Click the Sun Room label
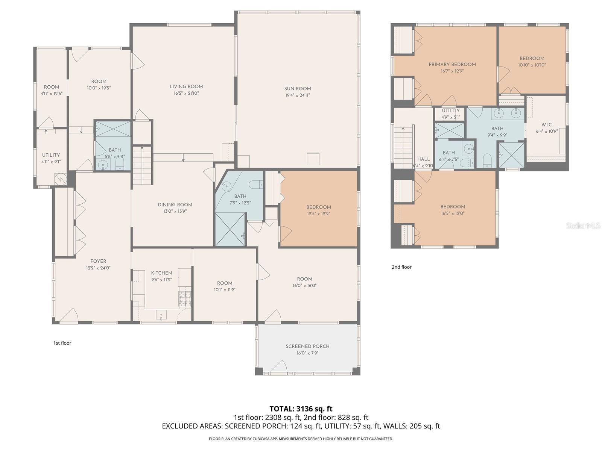point(297,89)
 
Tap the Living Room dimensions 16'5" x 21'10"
point(186,93)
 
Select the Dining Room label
point(175,205)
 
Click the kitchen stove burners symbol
point(185,298)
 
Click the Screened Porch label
point(307,346)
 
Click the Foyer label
point(98,261)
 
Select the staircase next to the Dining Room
point(142,165)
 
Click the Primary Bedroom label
point(452,64)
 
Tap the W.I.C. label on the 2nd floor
point(547,125)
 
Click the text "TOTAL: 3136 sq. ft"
point(301,409)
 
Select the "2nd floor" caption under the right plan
point(401,267)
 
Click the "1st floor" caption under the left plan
point(62,343)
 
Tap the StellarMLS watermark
point(583,225)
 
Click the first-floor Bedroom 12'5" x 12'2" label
point(318,207)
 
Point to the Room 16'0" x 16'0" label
point(304,279)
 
